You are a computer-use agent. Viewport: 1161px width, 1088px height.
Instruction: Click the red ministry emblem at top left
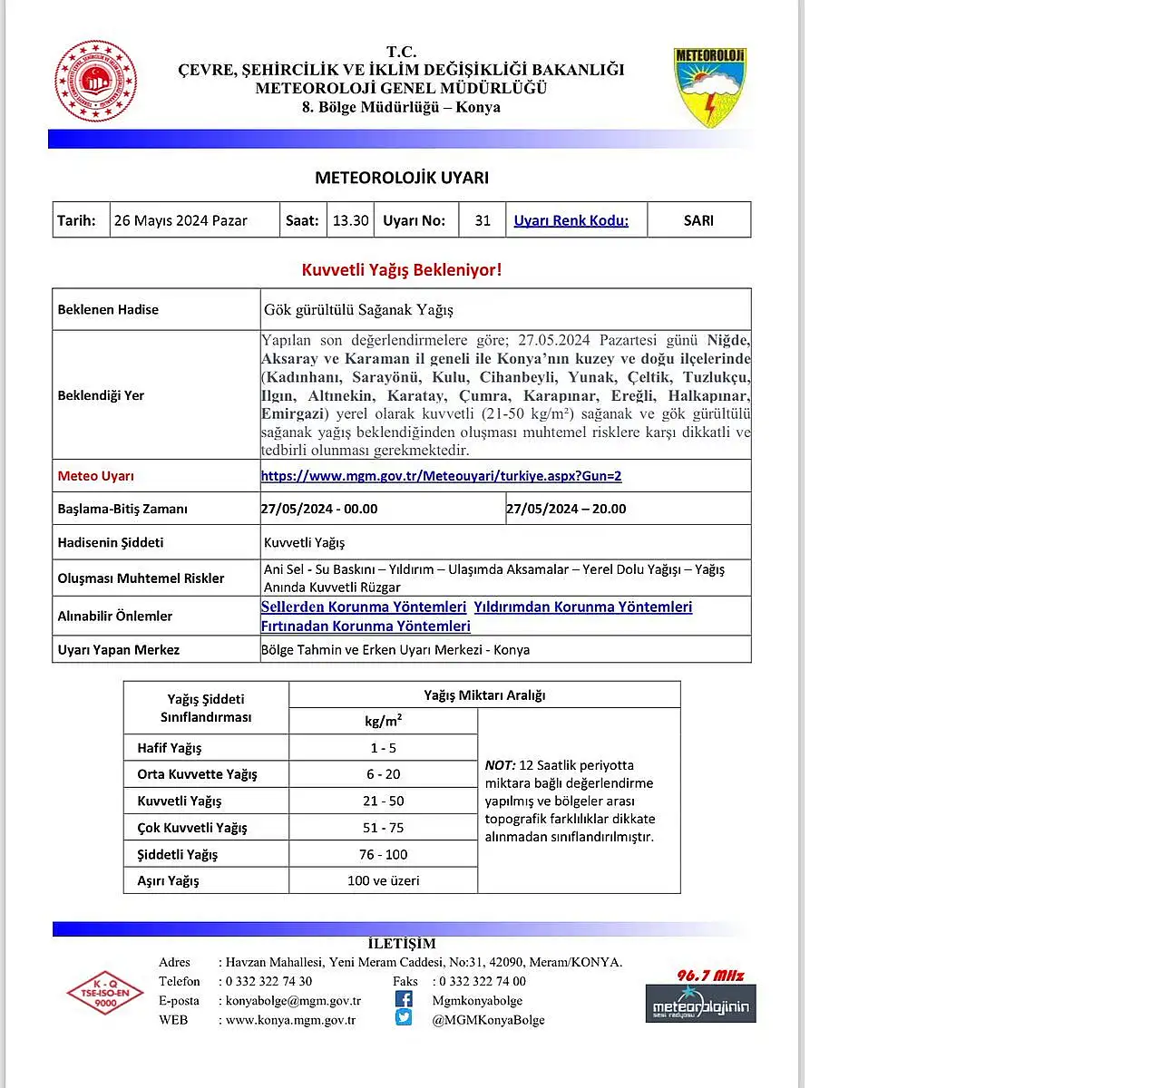tap(95, 81)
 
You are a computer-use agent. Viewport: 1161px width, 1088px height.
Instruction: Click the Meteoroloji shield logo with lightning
tap(710, 87)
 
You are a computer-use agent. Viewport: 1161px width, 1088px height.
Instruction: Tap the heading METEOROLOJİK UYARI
tap(402, 178)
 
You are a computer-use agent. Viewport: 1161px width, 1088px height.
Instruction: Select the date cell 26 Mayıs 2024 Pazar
tap(180, 220)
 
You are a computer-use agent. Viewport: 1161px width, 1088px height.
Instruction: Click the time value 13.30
tap(350, 220)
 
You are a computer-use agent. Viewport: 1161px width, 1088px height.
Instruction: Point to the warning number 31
tap(483, 220)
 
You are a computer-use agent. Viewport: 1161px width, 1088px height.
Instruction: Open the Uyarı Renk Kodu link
tap(571, 220)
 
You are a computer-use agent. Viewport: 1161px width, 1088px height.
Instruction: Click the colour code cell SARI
tap(698, 220)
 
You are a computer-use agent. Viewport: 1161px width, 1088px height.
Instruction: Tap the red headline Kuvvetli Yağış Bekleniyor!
tap(401, 269)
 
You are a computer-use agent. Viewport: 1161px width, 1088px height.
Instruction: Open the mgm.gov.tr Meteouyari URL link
tap(441, 476)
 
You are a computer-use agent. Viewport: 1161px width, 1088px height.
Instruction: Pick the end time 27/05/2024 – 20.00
tap(566, 509)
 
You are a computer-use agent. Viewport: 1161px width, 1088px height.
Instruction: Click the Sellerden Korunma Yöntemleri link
tap(363, 607)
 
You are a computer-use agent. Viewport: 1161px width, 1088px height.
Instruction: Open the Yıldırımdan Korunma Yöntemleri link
tap(582, 607)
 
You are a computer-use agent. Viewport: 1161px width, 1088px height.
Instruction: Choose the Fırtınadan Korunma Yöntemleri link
tap(366, 626)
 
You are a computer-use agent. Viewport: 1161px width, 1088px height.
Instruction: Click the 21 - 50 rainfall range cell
tap(383, 801)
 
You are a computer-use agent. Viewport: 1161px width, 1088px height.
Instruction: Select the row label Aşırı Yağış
tap(168, 880)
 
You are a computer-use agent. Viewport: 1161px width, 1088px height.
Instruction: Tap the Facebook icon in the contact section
tap(404, 999)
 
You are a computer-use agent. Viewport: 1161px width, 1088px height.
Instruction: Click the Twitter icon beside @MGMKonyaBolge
tap(404, 1017)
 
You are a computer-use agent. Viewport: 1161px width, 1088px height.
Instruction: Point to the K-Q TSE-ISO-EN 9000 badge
tap(105, 992)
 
